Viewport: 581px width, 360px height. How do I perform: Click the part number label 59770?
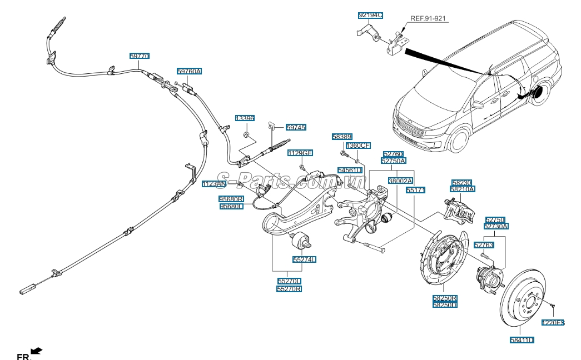click(140, 56)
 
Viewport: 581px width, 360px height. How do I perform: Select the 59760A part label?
click(189, 71)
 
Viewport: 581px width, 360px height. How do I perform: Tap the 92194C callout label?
click(370, 16)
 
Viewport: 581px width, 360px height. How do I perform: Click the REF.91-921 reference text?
click(428, 18)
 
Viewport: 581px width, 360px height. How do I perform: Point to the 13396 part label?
click(245, 118)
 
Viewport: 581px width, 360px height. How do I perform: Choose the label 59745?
click(296, 127)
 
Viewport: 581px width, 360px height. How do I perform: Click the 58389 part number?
click(342, 136)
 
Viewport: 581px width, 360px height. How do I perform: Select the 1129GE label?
click(300, 153)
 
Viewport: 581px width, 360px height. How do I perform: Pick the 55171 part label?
click(415, 190)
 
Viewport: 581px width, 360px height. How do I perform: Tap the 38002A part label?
click(400, 181)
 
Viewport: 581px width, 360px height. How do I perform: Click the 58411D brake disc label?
click(522, 339)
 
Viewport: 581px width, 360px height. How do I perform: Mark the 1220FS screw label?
click(553, 322)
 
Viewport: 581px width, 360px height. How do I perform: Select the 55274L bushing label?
click(305, 259)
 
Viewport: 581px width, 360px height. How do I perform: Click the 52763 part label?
click(483, 244)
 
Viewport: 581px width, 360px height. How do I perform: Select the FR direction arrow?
click(37, 351)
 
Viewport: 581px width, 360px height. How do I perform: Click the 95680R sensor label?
click(231, 198)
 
